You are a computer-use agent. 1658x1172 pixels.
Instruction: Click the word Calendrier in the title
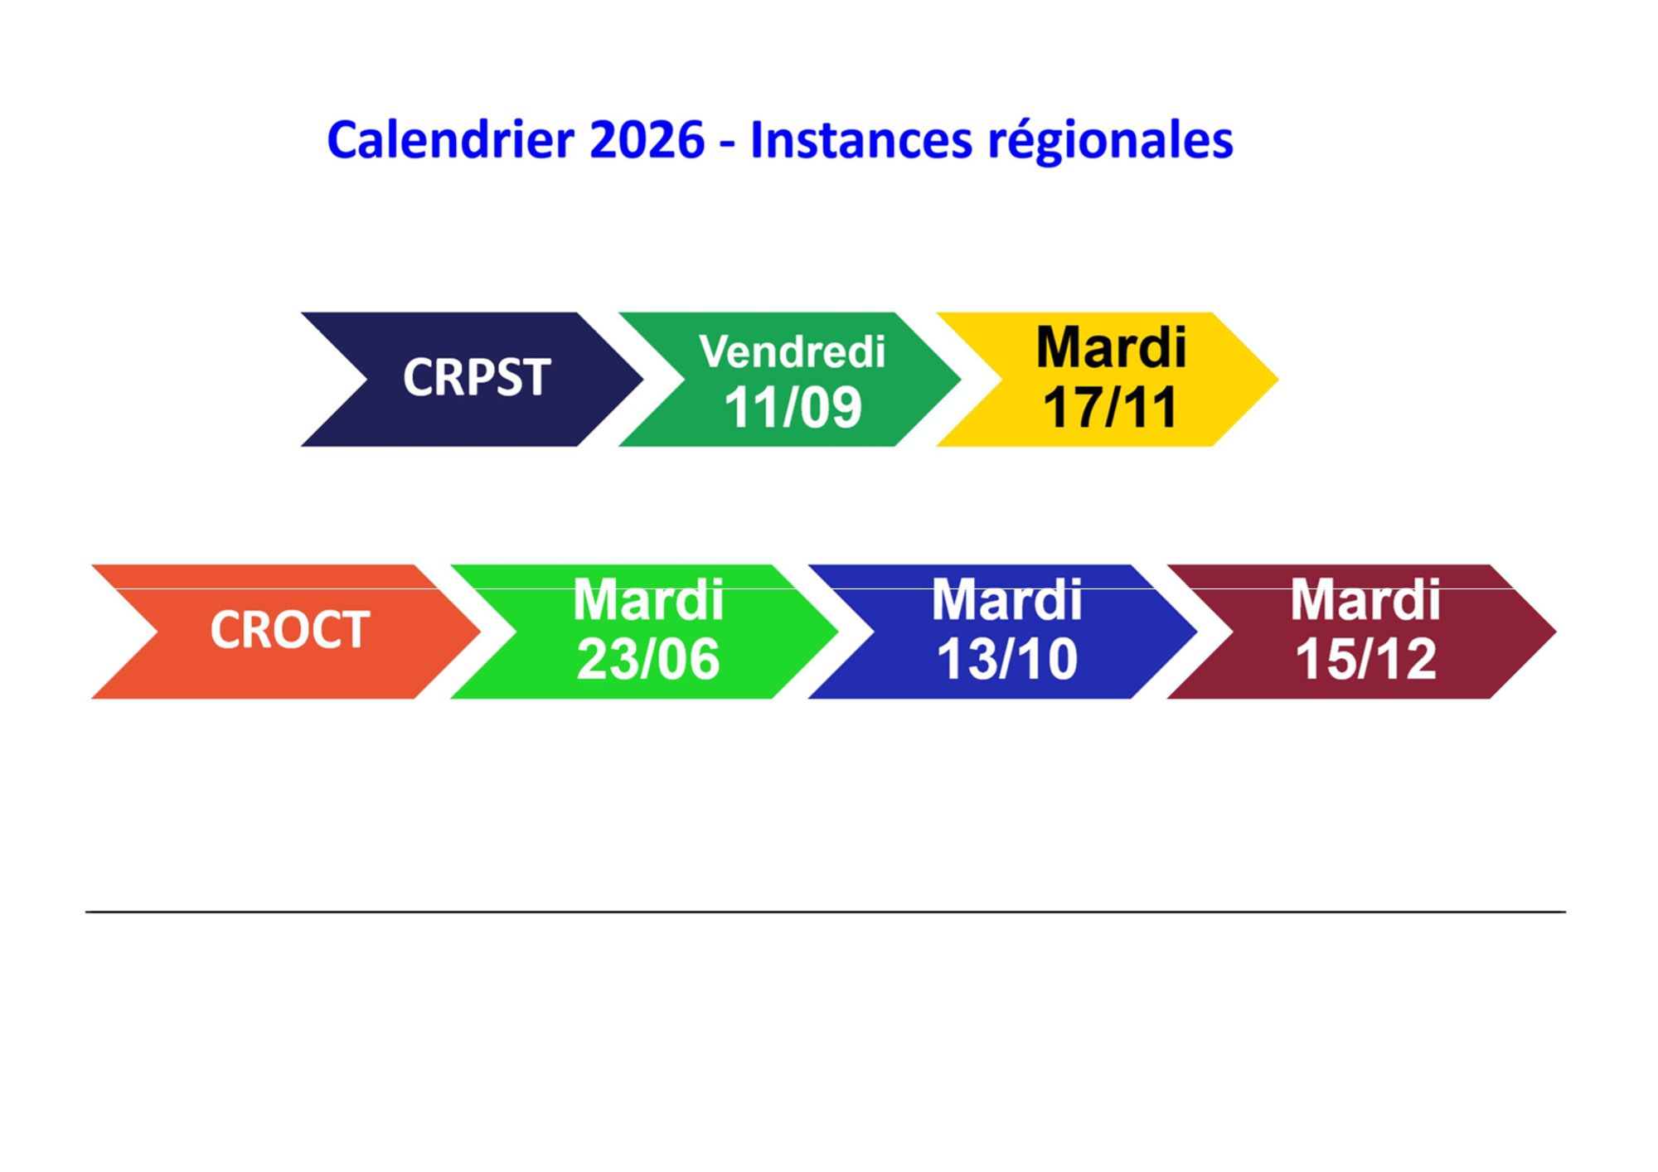[450, 139]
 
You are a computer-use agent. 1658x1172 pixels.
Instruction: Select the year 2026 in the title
[647, 139]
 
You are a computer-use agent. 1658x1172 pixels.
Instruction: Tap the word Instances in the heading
[861, 139]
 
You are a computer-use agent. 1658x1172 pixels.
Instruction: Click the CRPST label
[477, 378]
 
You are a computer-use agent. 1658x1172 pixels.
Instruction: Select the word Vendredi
[793, 351]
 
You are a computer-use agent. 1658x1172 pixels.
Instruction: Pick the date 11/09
[793, 407]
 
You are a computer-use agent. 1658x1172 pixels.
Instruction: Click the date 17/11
[1110, 407]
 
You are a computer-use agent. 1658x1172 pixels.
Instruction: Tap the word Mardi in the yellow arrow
[1111, 347]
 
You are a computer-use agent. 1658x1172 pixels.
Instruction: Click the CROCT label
[289, 630]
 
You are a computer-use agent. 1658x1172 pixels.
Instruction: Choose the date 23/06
[648, 660]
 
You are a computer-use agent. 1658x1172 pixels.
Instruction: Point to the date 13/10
[1006, 660]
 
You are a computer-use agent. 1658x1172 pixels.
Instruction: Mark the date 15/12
[1365, 660]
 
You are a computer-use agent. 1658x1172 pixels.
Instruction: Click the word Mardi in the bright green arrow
[648, 599]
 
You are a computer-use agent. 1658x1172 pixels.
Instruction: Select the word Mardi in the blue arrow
[1006, 599]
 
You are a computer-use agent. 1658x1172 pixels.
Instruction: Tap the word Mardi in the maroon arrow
[1365, 599]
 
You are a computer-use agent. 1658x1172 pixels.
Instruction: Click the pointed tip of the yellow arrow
[1278, 380]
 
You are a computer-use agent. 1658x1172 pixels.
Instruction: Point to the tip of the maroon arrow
[1556, 632]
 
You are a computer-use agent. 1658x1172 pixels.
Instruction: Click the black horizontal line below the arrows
[826, 912]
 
